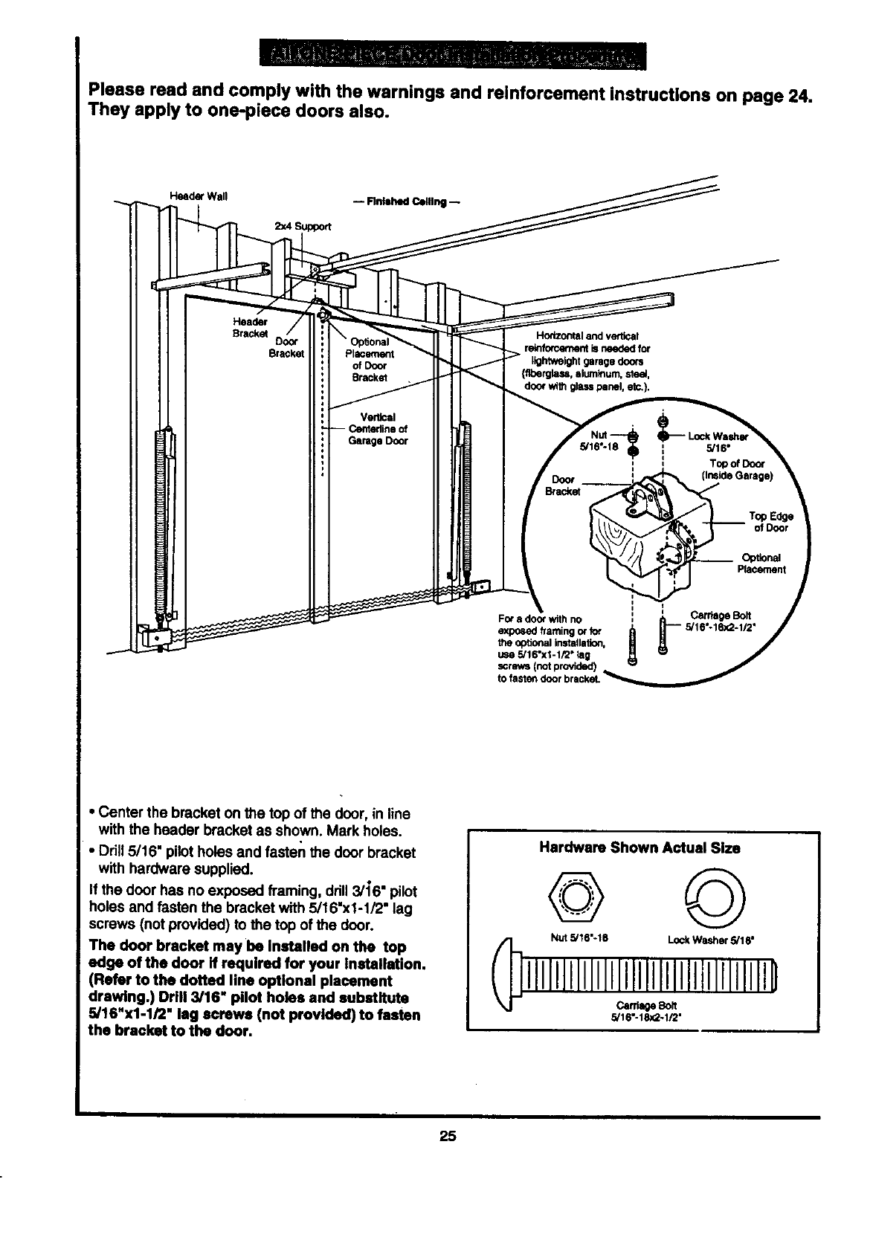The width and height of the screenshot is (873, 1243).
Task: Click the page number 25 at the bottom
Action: coord(446,1136)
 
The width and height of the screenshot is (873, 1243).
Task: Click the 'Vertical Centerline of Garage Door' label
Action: coord(378,428)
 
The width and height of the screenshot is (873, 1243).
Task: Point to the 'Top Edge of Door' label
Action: coord(770,522)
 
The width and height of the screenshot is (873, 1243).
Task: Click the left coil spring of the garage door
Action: coord(161,520)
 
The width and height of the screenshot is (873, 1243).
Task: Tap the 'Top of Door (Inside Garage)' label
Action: coord(737,469)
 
